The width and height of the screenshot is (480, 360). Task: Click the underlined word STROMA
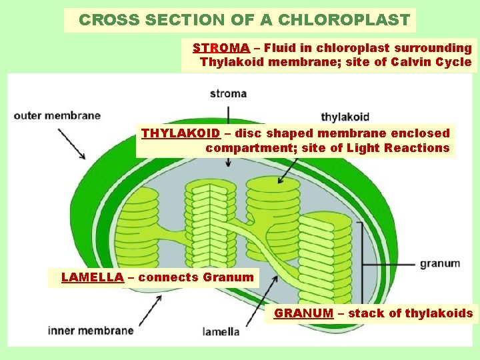[x=221, y=48]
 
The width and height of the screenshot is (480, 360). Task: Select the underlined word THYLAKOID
[x=180, y=133]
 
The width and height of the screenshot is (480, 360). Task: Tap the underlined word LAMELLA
[x=92, y=277]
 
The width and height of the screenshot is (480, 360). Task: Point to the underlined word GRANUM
[x=303, y=313]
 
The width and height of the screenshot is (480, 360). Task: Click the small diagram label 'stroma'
[x=228, y=93]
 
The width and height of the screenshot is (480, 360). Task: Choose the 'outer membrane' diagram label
[x=57, y=115]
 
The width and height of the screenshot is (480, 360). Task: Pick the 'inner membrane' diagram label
[x=91, y=330]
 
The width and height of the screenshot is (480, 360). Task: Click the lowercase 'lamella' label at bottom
[x=221, y=331]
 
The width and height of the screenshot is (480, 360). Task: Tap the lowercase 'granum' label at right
[x=439, y=263]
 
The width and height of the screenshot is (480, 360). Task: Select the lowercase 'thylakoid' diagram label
[x=345, y=117]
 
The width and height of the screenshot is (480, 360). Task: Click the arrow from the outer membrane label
[x=71, y=144]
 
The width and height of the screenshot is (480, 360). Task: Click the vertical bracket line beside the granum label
[x=361, y=263]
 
